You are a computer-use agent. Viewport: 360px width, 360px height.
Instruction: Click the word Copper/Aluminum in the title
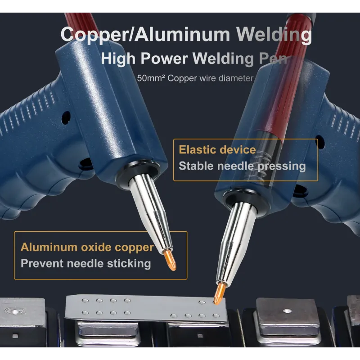coord(145,35)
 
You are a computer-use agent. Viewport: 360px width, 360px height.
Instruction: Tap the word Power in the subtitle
coord(164,58)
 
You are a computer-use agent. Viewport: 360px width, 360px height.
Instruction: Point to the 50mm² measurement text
coord(151,78)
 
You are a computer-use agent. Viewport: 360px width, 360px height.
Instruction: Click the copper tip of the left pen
coord(170,260)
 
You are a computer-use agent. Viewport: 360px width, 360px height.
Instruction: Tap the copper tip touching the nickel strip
coord(219,293)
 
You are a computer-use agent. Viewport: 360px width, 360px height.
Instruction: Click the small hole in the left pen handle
coord(66,117)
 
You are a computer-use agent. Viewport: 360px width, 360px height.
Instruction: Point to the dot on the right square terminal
coord(287,311)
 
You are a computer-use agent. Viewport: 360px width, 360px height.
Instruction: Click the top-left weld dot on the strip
coord(85,301)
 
